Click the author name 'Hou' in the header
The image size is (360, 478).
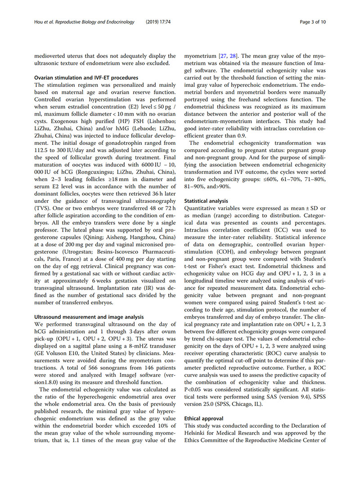tap(40, 21)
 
